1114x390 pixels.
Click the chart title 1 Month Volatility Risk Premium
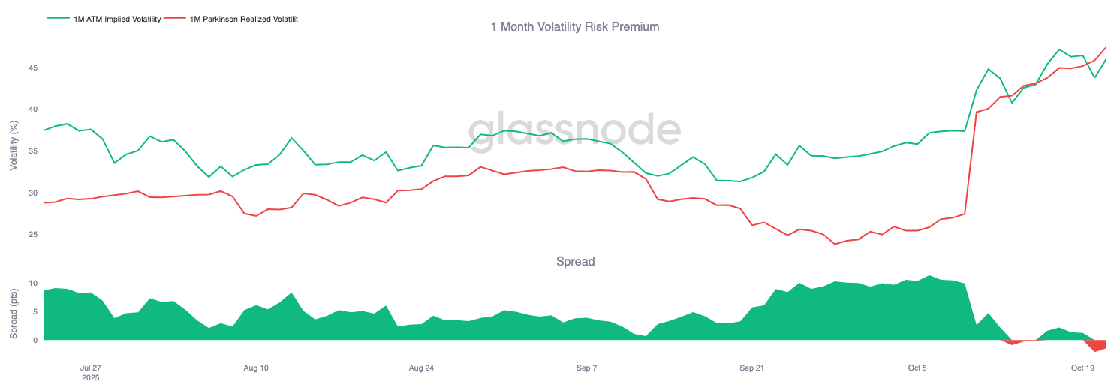tap(574, 27)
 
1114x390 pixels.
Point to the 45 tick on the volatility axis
tap(33, 68)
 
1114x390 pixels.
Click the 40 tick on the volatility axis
tap(33, 109)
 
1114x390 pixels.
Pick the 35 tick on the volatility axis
tap(33, 151)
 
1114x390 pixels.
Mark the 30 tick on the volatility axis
tap(33, 193)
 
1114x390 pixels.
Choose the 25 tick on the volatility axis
tap(33, 235)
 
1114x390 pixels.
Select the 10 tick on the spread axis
tap(33, 283)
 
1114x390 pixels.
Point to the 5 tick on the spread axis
tap(35, 312)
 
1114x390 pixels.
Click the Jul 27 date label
tap(90, 368)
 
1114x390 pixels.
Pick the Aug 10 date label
tap(256, 368)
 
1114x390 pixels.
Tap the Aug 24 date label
tap(421, 368)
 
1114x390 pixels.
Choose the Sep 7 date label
tap(586, 368)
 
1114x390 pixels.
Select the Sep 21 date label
tap(751, 368)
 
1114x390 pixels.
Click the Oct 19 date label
tap(1082, 368)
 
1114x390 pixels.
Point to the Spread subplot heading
tap(575, 262)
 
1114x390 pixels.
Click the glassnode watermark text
tap(574, 129)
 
